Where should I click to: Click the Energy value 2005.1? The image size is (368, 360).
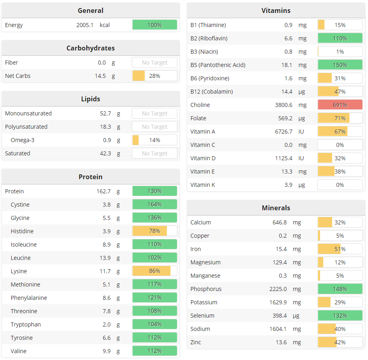pos(85,25)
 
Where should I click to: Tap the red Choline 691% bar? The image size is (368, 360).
pos(340,105)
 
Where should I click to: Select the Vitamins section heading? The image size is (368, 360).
pos(276,10)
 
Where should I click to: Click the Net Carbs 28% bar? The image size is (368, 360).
pos(154,76)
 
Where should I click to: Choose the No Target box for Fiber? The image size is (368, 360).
pos(154,63)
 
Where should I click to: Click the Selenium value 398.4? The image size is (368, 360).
pos(278,316)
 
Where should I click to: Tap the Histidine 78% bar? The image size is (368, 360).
pos(154,231)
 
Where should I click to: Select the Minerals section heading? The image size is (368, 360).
pos(276,208)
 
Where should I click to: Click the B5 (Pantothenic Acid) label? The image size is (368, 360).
pos(218,65)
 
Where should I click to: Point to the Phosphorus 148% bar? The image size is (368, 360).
pos(340,289)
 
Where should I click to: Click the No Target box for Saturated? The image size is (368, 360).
pos(154,153)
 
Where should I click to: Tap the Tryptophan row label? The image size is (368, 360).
pos(26,324)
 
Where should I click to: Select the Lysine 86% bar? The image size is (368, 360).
pos(154,271)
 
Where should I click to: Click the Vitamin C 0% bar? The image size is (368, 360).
pos(340,145)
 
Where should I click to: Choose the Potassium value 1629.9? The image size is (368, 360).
pos(278,302)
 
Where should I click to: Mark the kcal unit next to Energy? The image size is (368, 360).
pos(105,25)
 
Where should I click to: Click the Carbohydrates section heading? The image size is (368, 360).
pos(90,48)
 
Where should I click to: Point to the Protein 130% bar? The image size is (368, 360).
pos(154,191)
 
